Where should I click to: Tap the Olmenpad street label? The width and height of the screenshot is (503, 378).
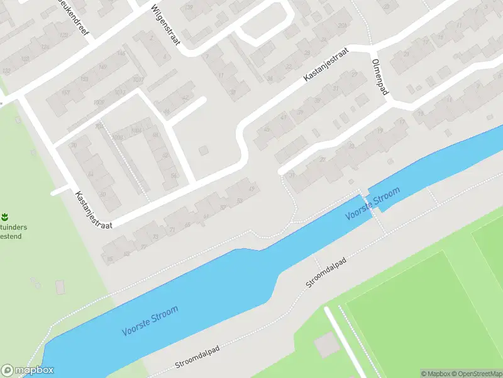pos(381,78)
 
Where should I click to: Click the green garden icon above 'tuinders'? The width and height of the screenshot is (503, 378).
pos(5,217)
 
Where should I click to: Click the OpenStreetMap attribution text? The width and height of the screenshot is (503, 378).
pos(477,374)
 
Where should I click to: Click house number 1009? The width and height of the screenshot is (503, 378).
pos(99,103)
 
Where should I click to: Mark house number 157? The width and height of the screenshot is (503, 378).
pos(65,93)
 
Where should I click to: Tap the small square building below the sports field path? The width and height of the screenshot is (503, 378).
pos(326,344)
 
